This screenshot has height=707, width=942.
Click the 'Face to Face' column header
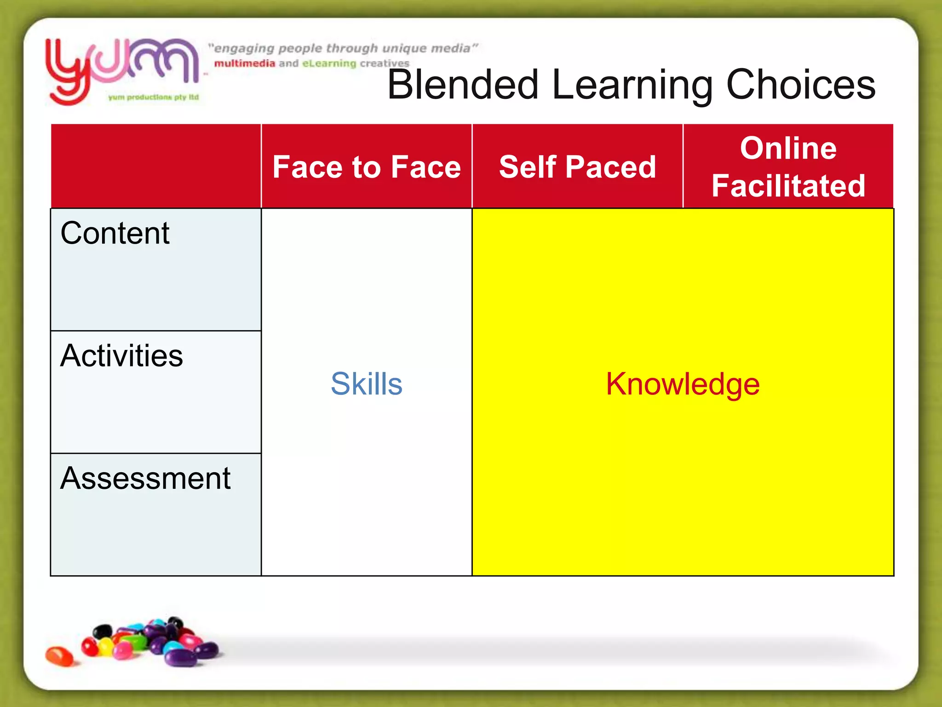(x=367, y=167)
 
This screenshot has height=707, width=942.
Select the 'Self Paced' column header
(x=577, y=167)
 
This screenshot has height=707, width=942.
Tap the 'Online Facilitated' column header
(x=788, y=167)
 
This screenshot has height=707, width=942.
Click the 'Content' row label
(x=115, y=233)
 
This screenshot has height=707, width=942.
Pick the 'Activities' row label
(x=121, y=355)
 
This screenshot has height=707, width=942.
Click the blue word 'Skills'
(x=367, y=383)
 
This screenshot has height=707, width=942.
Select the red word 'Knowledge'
(x=683, y=383)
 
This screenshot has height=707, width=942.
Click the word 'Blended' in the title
(x=463, y=85)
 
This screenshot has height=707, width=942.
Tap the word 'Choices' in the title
(x=801, y=85)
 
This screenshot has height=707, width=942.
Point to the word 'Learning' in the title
(x=632, y=86)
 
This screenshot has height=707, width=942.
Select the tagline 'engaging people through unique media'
(x=343, y=48)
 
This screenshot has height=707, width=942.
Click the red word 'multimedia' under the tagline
(x=245, y=64)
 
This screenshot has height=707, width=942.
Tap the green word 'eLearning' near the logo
(x=329, y=64)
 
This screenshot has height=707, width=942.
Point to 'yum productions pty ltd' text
(x=154, y=97)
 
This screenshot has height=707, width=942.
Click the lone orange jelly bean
(x=59, y=656)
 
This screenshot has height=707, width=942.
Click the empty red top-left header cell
(x=156, y=166)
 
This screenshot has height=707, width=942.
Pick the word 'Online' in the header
(x=788, y=148)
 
